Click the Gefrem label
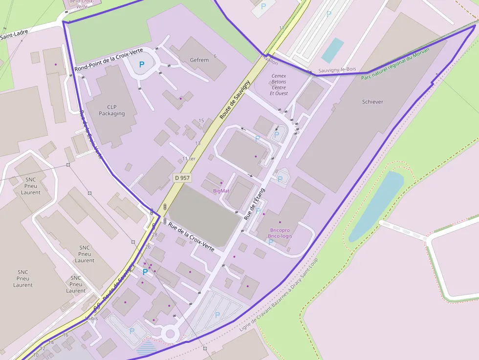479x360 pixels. coord(199,60)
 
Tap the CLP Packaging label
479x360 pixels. coord(112,110)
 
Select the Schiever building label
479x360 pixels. coord(372,102)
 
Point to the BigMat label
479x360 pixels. coord(221,191)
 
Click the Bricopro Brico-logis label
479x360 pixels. coord(280,233)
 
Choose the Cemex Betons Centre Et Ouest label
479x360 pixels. coord(279,85)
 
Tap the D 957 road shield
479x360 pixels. coord(182,178)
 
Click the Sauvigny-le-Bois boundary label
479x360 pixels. coord(337,70)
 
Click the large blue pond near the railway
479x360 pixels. coord(376,205)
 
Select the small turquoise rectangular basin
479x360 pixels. coord(333,50)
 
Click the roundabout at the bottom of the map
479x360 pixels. coord(170,335)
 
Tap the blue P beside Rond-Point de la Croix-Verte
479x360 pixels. coord(142,64)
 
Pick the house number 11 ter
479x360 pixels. coord(189,159)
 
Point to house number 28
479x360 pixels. coord(154,235)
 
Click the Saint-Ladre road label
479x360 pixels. coord(14,35)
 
